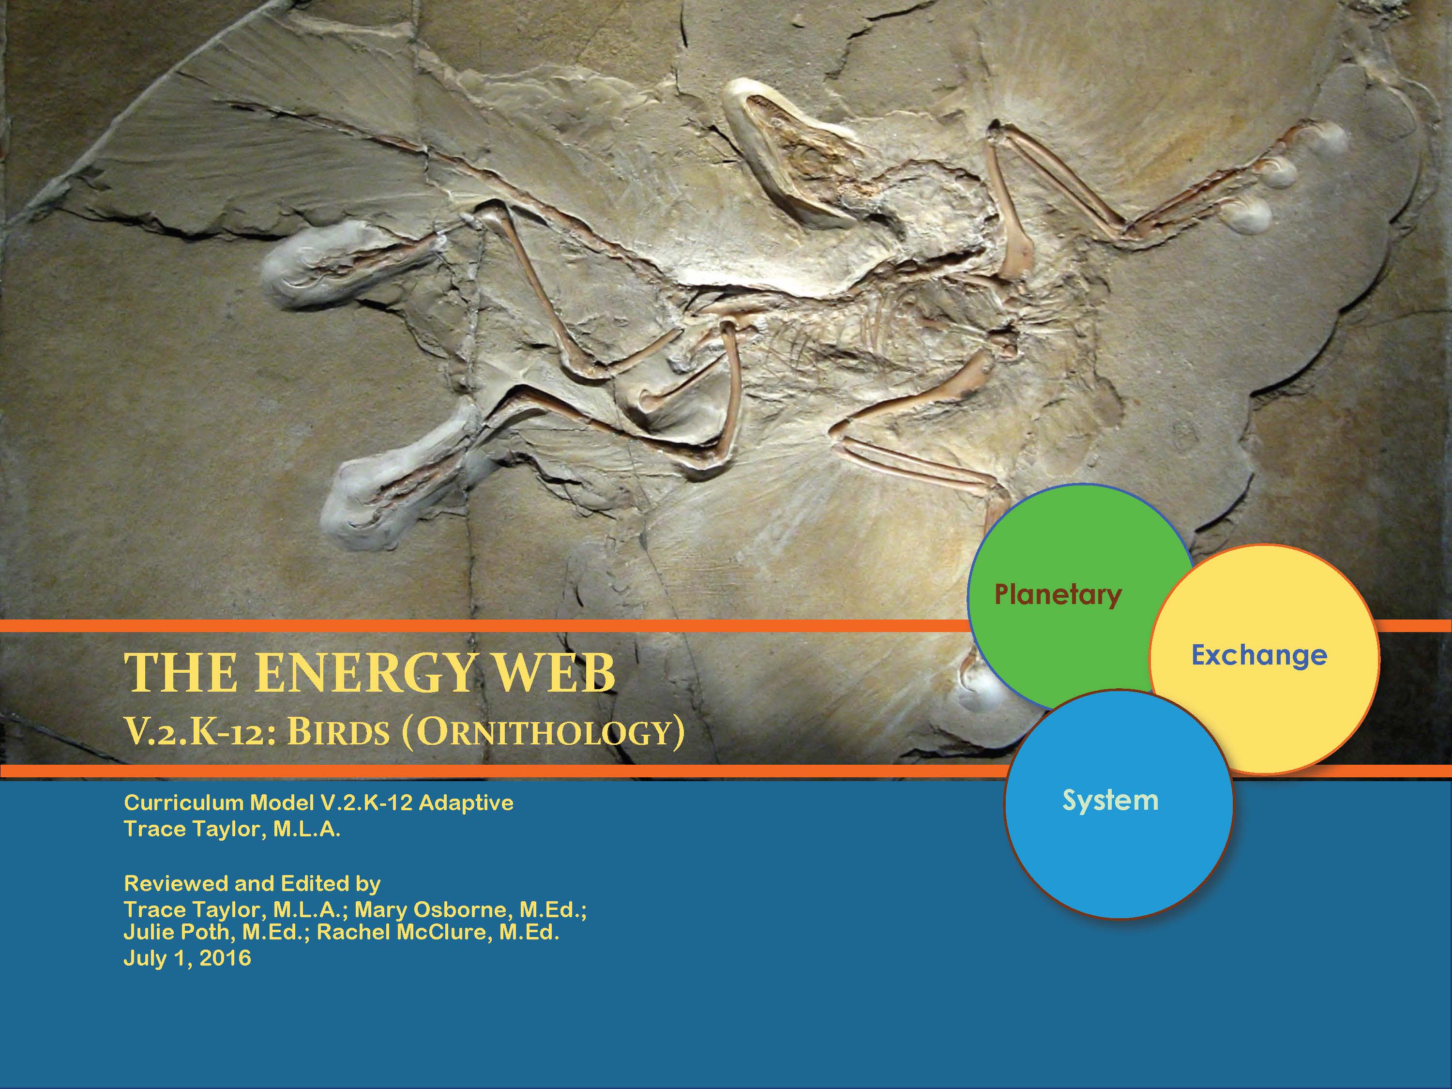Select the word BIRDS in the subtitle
[x=339, y=731]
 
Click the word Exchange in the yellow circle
[x=1259, y=655]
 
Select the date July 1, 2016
[x=187, y=958]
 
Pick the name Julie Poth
[x=177, y=932]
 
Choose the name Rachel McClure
[x=404, y=932]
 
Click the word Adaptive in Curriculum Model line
[x=466, y=803]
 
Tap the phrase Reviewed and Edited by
[x=252, y=883]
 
